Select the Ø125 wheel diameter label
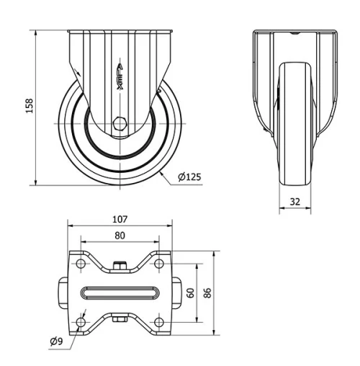point(189,177)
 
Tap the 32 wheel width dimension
point(294,202)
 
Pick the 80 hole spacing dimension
point(120,235)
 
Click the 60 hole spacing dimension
point(190,293)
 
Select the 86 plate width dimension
point(208,293)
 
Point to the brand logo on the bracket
point(120,74)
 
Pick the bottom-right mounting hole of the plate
point(159,321)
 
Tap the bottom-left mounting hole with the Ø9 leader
point(81,321)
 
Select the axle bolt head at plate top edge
point(120,267)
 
